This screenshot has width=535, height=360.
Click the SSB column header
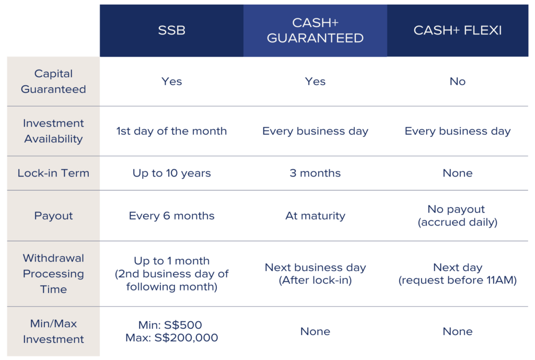coord(171,30)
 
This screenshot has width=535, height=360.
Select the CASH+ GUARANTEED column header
coord(315,30)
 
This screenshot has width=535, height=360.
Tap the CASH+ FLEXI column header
coord(458,30)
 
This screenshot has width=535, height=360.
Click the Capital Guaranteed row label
coord(53,81)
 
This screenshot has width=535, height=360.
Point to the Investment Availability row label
coord(53,131)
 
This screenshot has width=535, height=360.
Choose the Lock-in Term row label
coord(53,173)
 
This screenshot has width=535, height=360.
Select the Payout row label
coord(53,216)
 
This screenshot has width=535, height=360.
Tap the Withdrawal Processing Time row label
coord(53,274)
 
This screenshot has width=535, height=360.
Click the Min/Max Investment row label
coord(53,331)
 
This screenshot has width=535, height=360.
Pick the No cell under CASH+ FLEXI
coord(458,81)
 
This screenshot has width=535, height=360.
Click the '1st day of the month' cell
coord(171,131)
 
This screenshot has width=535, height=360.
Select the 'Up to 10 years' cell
coord(171,173)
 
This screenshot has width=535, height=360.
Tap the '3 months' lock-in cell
coord(315,173)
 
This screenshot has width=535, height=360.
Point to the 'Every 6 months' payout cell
coord(171,216)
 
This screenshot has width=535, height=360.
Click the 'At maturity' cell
coord(315,216)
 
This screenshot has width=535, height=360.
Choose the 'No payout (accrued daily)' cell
coord(458,216)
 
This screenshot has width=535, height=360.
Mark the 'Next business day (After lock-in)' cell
coord(315,274)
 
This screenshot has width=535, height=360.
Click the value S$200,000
coord(187,338)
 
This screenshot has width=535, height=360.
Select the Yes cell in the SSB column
coord(171,81)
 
